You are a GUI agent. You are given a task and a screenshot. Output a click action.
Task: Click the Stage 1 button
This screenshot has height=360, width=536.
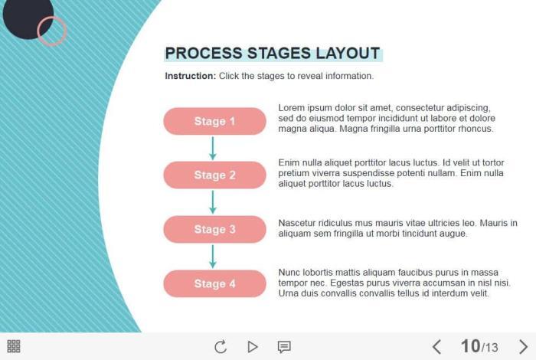[214, 121]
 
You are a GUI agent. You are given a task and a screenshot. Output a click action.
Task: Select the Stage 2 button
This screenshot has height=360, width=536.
[214, 175]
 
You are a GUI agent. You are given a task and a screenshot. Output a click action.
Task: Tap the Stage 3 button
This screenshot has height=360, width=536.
[214, 229]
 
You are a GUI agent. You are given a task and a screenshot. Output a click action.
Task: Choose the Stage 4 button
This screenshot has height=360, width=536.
[214, 283]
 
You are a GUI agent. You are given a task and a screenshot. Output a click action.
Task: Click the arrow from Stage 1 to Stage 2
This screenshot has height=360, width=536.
[213, 148]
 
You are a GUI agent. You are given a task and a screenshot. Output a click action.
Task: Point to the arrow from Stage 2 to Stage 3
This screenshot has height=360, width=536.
[213, 202]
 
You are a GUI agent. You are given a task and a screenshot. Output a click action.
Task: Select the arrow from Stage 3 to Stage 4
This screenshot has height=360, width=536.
[213, 257]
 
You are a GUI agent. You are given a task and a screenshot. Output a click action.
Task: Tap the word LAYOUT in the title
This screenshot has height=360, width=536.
[348, 54]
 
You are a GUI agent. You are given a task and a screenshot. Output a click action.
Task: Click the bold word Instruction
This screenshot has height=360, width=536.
[191, 76]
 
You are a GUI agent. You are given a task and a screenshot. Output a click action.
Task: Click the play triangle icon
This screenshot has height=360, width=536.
[252, 347]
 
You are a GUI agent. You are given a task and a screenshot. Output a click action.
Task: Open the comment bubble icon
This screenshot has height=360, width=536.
[284, 347]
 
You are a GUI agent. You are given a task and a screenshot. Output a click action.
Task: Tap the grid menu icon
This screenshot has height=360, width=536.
[14, 346]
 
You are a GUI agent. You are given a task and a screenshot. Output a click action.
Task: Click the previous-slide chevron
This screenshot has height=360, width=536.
[436, 347]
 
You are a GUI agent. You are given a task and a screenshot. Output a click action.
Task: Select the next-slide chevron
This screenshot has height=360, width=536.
[523, 347]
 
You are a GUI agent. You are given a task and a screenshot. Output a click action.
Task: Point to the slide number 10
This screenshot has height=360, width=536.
[470, 346]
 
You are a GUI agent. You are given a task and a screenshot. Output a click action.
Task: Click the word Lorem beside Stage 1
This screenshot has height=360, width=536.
[291, 108]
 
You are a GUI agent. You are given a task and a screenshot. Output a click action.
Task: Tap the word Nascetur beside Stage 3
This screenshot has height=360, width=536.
[297, 223]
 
